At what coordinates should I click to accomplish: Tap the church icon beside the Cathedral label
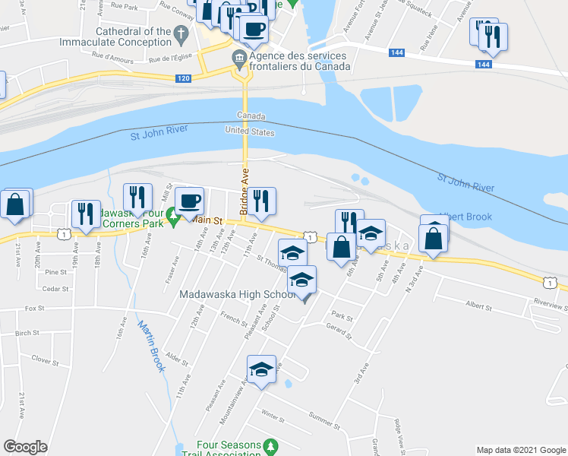point(180,33)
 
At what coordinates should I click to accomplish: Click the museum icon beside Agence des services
point(238,57)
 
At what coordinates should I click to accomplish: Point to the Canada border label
point(251,116)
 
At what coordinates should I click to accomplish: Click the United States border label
point(249,131)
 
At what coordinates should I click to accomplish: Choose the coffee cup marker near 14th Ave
point(189,201)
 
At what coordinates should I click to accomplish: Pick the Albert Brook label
point(465,217)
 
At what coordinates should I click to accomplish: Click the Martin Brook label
point(152,346)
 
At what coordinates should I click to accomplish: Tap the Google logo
point(26,446)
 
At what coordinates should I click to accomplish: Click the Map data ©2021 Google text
point(520,450)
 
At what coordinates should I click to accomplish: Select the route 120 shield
point(183,78)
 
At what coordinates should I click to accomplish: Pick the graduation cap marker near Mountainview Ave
point(261,371)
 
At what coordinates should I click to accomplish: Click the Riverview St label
point(550,304)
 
